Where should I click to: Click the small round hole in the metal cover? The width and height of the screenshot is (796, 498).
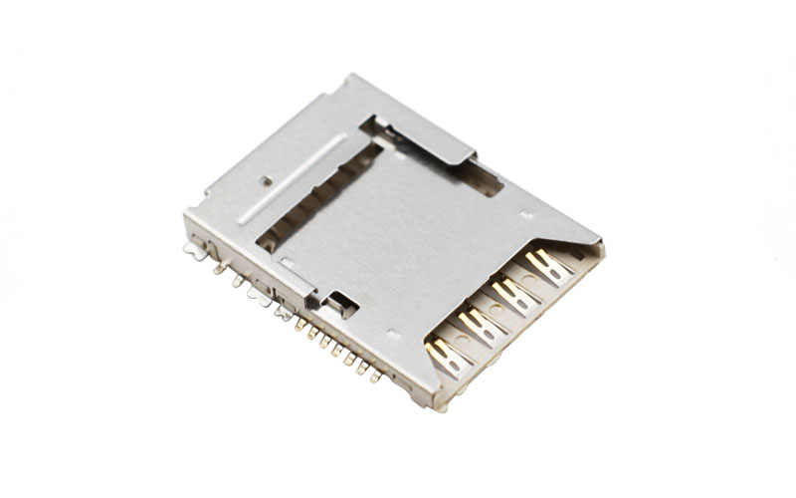point(266,181)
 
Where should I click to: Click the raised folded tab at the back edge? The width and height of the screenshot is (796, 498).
point(428,139)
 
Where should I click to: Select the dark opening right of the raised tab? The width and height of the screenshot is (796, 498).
point(480,177)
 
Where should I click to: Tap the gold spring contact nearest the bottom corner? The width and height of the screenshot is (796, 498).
point(445,355)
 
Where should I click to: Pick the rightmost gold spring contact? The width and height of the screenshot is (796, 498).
point(546,265)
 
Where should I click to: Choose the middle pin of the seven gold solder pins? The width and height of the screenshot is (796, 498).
point(337,350)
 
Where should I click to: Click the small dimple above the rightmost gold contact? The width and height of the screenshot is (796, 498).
point(526,214)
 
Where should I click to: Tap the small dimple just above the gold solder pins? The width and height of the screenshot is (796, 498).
point(394,335)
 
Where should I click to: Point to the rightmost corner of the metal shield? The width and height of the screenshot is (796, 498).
point(602,242)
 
